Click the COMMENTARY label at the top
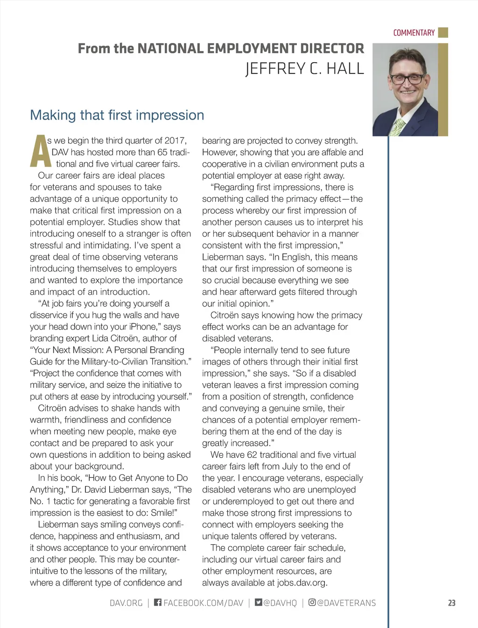(414, 33)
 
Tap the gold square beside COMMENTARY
(443, 32)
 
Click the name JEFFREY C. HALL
(304, 69)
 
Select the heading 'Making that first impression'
(117, 115)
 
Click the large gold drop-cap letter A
(40, 151)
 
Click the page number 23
(451, 603)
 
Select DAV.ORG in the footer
(126, 603)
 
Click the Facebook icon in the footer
(158, 602)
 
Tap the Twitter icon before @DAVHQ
(258, 602)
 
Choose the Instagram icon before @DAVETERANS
(312, 602)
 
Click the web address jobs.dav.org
(302, 583)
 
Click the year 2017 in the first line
(176, 141)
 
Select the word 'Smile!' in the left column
(162, 513)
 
